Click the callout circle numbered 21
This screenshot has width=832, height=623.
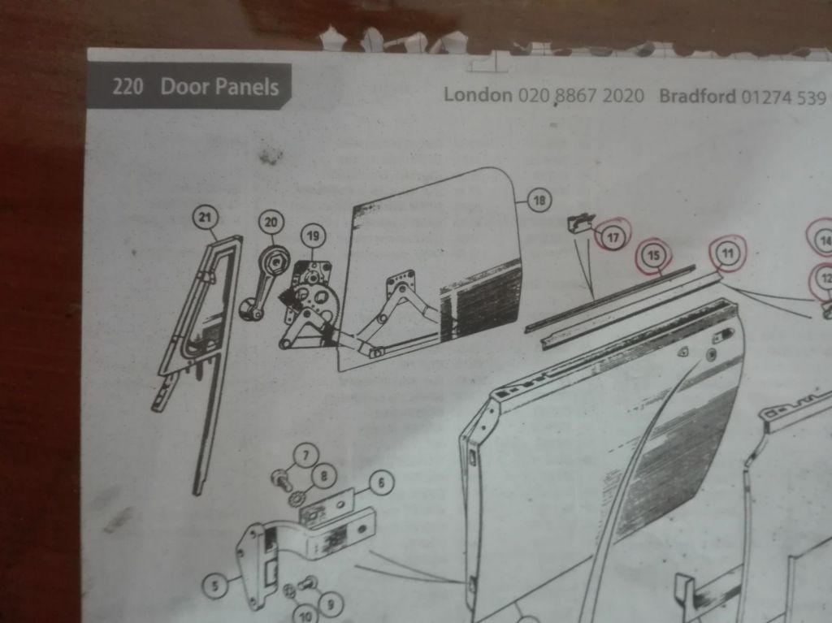205,217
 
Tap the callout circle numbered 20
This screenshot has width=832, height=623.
271,222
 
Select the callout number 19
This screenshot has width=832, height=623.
313,236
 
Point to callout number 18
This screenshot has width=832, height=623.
539,201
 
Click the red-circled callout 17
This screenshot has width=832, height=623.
613,237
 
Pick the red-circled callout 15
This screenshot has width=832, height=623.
654,256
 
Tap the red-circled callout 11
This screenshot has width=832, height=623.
727,253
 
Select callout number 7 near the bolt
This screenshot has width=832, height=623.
305,456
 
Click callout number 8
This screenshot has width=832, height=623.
323,476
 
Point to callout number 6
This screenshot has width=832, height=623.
380,483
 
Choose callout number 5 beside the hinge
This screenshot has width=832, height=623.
214,586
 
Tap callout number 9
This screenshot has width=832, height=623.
331,604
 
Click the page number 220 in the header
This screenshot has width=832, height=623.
128,86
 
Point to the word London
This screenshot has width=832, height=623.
478,95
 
